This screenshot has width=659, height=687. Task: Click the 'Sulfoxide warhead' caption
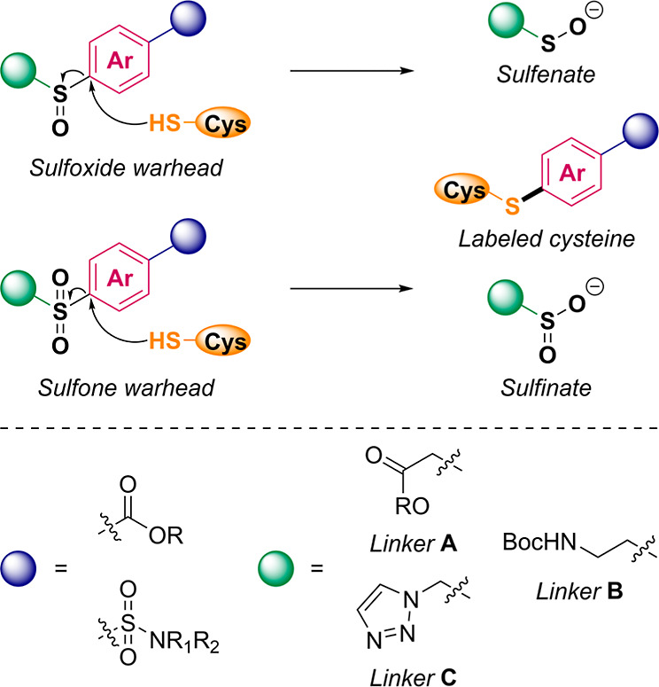coord(126,168)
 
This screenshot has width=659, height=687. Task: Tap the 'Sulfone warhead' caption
coord(126,388)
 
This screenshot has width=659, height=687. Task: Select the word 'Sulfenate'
coord(546,74)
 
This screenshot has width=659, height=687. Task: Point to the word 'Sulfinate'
coord(546,388)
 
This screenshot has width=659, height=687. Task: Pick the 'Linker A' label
coord(414,544)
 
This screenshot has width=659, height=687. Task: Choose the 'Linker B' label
coord(579,591)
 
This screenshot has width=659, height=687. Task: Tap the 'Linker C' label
coord(414,676)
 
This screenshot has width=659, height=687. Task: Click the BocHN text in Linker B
coord(539,543)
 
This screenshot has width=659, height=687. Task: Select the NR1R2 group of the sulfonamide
coord(184,643)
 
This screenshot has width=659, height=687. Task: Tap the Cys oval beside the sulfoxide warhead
coord(222,123)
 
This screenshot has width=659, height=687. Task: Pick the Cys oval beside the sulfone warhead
coord(222,341)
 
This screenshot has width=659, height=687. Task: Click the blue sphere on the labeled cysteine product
coord(640,131)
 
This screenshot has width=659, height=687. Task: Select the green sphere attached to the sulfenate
coord(507,20)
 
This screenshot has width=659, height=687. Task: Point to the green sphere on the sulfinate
coord(505,298)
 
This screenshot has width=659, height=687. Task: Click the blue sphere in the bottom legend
coord(19,568)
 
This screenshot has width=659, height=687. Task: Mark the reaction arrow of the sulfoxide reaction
coord(352,70)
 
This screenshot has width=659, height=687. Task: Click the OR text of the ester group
coord(166,535)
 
